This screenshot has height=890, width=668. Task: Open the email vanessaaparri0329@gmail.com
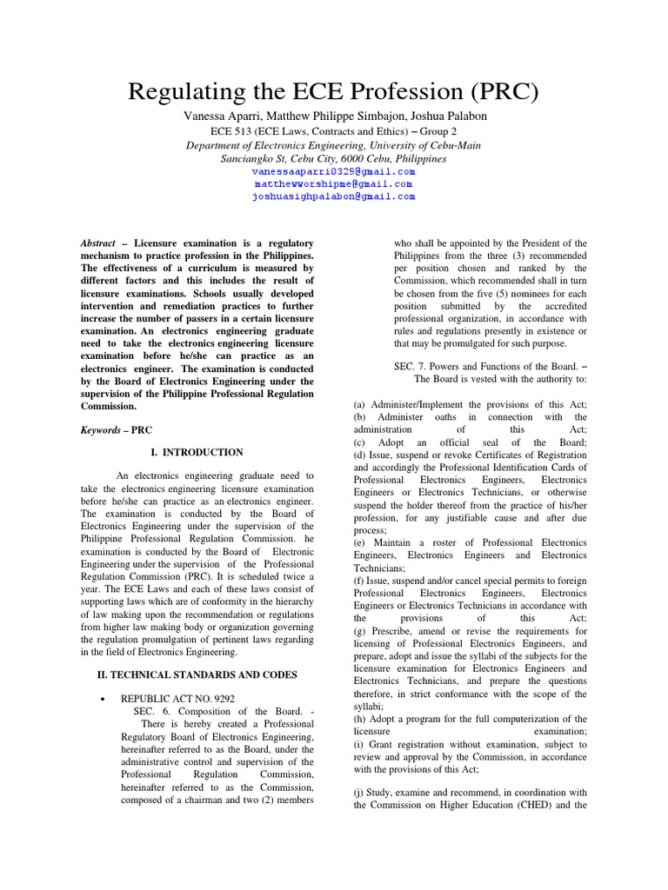pos(333,172)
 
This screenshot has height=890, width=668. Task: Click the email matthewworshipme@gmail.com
pos(333,184)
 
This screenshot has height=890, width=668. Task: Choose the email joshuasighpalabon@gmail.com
pos(333,196)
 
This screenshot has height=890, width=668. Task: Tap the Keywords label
pos(100,430)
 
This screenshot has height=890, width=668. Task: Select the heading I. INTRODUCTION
pos(197,453)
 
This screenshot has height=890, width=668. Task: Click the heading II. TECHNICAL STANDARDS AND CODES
pos(196,674)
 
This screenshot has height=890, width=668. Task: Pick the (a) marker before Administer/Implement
pos(359,405)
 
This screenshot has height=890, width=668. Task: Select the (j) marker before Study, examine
pos(359,793)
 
